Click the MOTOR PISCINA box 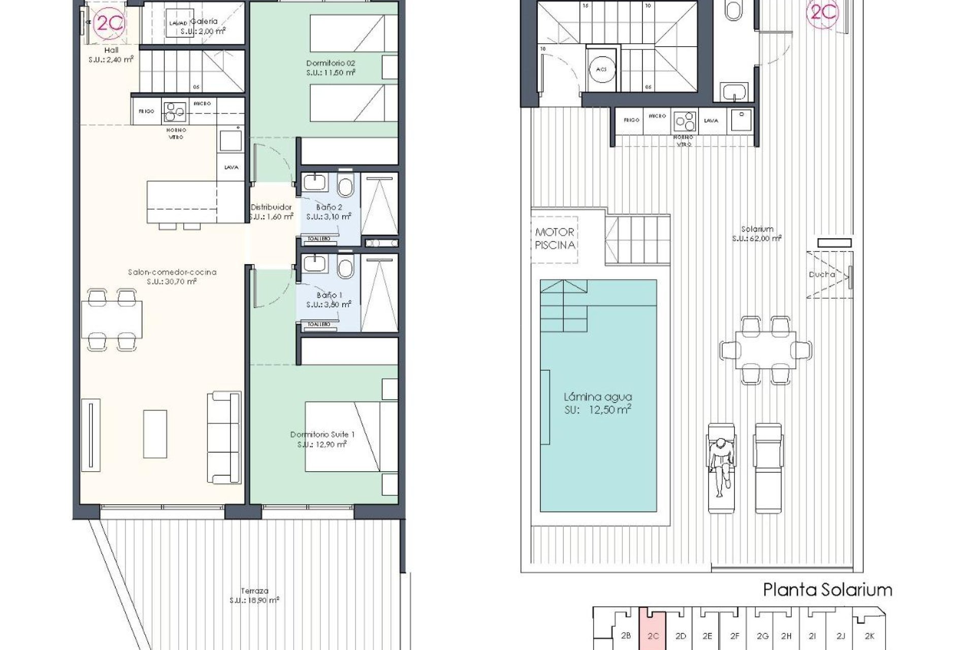coord(555,239)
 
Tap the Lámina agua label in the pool coord(598,403)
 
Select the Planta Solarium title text coord(827,590)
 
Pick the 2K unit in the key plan coord(868,635)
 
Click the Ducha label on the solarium coord(821,274)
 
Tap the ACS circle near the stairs coord(602,69)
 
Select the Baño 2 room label coord(329,212)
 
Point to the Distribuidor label coord(271,212)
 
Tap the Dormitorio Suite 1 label coord(322,439)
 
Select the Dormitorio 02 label coord(331,68)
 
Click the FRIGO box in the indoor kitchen coord(146,111)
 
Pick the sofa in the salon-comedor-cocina coord(223,438)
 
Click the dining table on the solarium coord(765,350)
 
